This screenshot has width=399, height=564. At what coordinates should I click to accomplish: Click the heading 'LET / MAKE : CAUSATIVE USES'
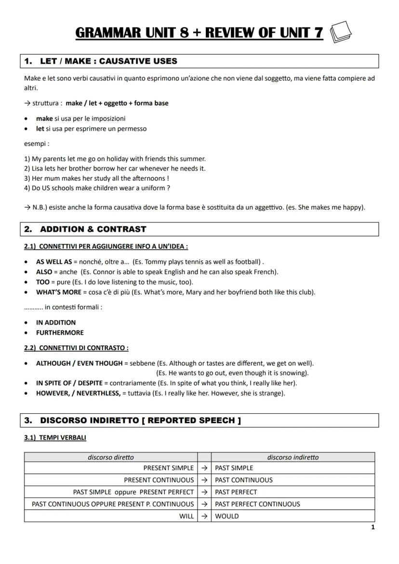[108, 61]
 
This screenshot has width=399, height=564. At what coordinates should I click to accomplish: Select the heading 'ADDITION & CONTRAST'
[93, 229]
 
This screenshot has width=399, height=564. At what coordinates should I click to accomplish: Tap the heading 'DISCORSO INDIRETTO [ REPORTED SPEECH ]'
[140, 420]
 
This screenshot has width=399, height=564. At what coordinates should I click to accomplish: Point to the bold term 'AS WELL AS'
[53, 262]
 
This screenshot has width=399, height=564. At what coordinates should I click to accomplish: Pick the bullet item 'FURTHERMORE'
[60, 332]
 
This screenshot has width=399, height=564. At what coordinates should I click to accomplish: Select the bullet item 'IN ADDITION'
[56, 322]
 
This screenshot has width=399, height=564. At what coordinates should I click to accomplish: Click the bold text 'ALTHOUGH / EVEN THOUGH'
[80, 363]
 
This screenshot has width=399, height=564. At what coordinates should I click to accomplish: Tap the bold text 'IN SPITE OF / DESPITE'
[69, 383]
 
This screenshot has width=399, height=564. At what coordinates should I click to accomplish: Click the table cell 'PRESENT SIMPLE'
[168, 468]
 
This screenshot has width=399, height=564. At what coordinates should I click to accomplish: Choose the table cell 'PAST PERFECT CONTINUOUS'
[257, 504]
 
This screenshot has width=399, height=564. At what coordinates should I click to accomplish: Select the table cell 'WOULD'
[227, 516]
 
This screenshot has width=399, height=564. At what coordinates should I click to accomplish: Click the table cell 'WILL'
[186, 516]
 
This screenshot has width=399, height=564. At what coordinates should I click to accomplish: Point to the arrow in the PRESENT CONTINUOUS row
[204, 480]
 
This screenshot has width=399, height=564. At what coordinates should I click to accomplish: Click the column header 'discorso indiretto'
[293, 457]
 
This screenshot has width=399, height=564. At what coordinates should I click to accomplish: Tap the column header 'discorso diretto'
[111, 457]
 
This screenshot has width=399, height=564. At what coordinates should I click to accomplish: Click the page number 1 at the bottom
[373, 527]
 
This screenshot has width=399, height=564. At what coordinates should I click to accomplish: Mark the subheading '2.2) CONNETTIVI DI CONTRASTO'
[76, 347]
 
